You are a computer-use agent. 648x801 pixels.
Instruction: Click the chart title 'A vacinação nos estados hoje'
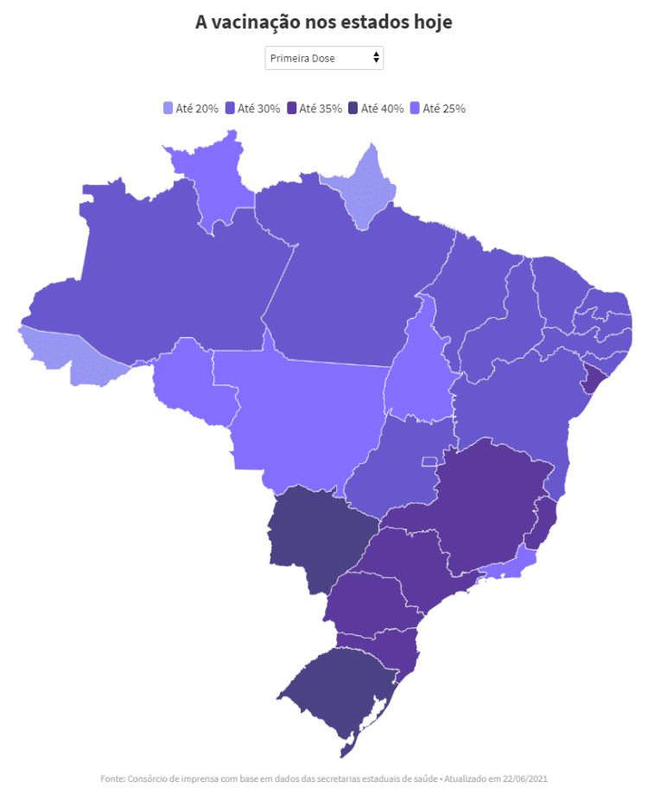[323, 22]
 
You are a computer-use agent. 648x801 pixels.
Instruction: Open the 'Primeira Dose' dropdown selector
[323, 58]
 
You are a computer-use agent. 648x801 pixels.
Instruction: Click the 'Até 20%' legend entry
[191, 108]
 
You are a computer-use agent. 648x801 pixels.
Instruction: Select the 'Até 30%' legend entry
[252, 108]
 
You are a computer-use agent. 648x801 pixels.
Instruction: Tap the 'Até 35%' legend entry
[314, 108]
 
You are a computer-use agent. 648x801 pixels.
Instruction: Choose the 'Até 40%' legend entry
[376, 108]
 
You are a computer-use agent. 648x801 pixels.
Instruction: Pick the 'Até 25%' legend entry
[438, 108]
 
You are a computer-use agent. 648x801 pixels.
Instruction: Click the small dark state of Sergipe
[594, 378]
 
